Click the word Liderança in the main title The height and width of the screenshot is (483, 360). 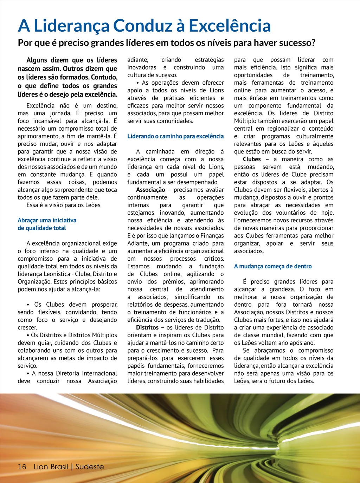71,26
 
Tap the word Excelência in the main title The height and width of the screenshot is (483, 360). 230,26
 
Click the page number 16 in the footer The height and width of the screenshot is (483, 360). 22,466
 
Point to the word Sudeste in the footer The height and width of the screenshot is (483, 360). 90,466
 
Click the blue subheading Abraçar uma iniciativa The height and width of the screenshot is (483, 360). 47,220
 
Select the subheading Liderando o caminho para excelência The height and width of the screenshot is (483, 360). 175,136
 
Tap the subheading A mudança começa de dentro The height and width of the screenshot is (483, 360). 273,266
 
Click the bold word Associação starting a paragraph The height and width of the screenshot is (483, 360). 150,190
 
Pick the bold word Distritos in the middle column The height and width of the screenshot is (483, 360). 147,327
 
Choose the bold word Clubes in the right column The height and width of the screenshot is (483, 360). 252,159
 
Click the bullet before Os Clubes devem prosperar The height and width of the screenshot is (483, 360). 28,305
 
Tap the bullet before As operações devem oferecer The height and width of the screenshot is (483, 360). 138,83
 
